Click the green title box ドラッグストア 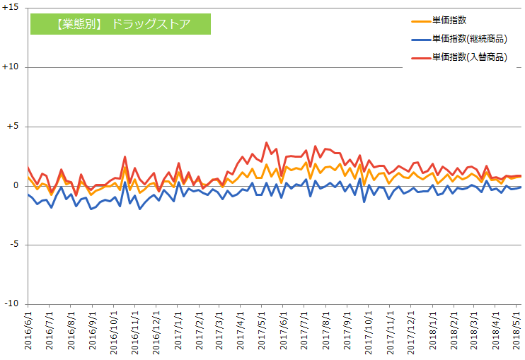120,24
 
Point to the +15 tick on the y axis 11,8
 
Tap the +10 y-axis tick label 11,67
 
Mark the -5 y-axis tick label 14,245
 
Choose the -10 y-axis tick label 12,304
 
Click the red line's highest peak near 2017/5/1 267,143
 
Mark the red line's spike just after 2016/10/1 125,157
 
